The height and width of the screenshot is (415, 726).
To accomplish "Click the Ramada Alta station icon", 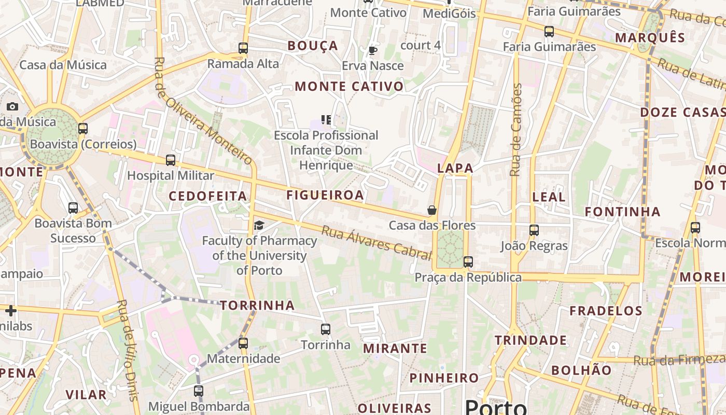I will tap(243, 48).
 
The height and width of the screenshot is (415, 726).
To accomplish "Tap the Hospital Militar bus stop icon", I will tap(171, 160).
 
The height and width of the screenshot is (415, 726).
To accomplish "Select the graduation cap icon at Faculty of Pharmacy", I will tap(259, 225).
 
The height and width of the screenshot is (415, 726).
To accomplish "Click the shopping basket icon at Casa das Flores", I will tap(431, 210).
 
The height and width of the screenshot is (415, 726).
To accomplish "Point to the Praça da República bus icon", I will tap(468, 262).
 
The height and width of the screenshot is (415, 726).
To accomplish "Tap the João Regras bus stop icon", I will tap(534, 230).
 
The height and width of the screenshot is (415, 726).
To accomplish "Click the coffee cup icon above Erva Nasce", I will tap(372, 50).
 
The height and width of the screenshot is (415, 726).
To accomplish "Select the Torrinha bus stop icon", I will tap(326, 329).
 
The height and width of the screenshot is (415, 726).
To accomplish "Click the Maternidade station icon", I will tap(243, 343).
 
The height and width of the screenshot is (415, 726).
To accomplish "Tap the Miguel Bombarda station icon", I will tap(199, 391).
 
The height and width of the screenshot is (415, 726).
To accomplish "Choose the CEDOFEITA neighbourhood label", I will tap(208, 196).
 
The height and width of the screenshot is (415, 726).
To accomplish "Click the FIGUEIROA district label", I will tap(325, 195).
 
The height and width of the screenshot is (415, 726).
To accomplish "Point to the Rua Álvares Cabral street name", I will tap(376, 243).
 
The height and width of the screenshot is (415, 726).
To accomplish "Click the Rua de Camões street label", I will tap(515, 130).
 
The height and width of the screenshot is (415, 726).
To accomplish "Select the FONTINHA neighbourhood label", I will tap(623, 212).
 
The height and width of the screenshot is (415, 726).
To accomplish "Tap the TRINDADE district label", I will tap(530, 340).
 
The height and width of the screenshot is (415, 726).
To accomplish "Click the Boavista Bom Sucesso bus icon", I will tap(73, 208).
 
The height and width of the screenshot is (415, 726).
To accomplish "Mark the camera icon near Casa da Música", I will tap(12, 107).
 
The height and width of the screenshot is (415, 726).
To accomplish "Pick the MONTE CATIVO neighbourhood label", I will tap(349, 87).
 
